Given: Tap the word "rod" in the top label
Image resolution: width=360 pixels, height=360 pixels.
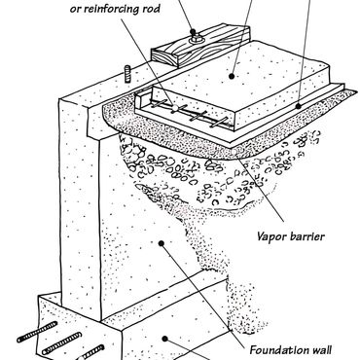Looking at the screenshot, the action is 151,9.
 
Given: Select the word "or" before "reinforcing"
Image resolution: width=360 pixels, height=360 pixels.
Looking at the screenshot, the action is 75,10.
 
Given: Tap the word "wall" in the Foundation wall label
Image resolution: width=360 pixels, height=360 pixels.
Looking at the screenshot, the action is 319,350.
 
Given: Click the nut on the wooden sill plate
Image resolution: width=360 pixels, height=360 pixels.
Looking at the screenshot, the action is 196,40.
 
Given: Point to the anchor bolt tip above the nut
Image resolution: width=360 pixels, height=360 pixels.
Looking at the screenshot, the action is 194,32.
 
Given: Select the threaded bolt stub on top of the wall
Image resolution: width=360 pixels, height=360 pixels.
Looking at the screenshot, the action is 127,74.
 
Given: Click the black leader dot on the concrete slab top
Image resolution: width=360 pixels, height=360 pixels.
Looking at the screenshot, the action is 232,77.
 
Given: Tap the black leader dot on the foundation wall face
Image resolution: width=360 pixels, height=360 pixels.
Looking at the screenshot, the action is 161,243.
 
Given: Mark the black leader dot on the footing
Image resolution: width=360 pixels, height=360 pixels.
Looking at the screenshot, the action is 164,339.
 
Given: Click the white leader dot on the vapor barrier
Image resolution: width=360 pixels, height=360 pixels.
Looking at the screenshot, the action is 234,151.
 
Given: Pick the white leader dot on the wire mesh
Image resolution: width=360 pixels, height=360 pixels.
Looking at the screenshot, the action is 175,107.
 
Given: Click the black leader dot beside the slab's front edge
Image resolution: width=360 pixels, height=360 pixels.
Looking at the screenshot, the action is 298,106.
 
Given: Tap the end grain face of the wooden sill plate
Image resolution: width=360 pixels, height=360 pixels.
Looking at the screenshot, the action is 164,58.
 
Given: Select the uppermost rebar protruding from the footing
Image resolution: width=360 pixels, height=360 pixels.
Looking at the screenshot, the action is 38,332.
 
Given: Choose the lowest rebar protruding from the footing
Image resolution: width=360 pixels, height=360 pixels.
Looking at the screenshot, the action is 91,352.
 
